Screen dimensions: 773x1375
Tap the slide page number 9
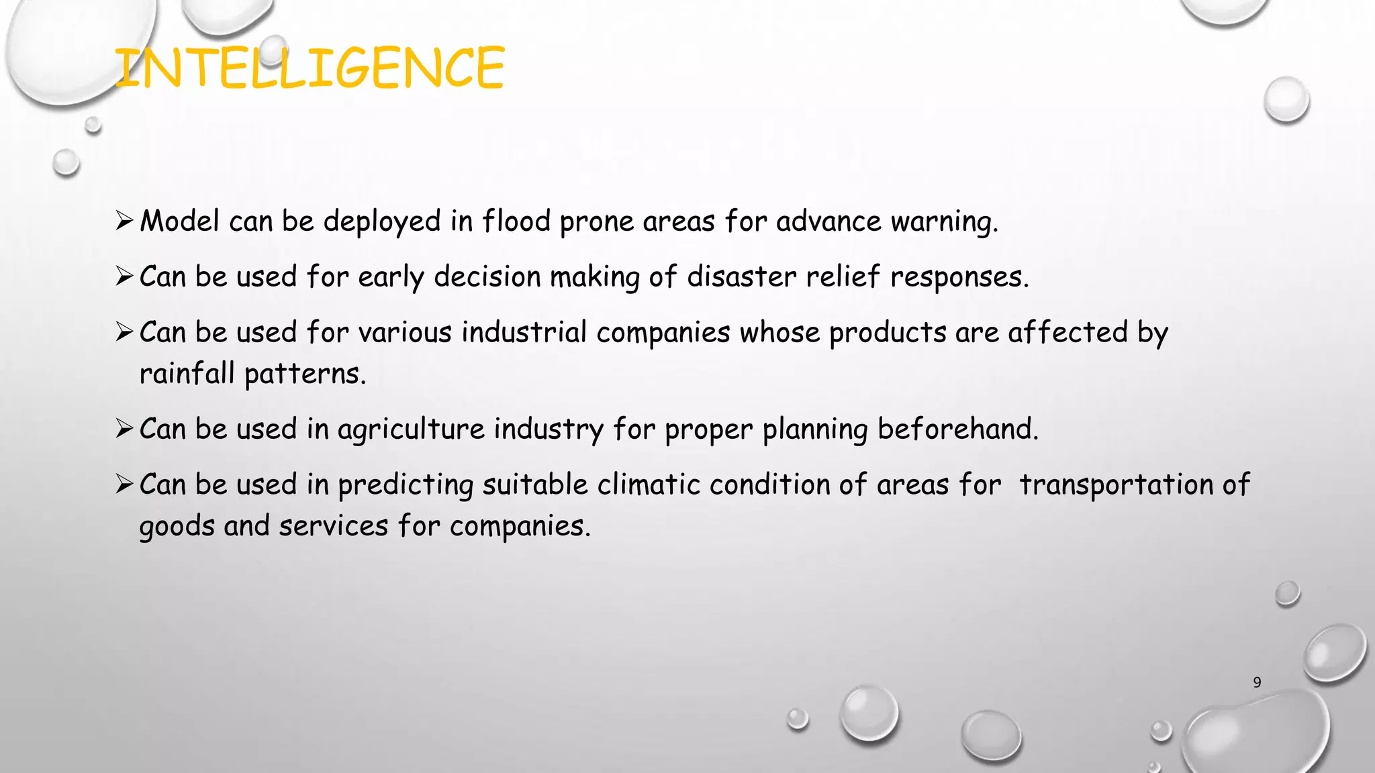(1257, 682)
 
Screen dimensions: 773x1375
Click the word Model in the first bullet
(179, 221)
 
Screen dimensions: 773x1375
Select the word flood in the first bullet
(516, 221)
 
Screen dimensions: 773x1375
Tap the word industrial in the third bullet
(524, 332)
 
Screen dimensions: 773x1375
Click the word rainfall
(187, 374)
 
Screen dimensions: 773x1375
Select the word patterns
(305, 374)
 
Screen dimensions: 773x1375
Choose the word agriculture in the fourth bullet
(410, 429)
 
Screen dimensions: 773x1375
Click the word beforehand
(957, 429)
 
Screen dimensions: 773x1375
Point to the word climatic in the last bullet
(649, 484)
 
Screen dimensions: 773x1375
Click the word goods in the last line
(177, 527)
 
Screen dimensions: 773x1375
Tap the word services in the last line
(333, 526)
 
